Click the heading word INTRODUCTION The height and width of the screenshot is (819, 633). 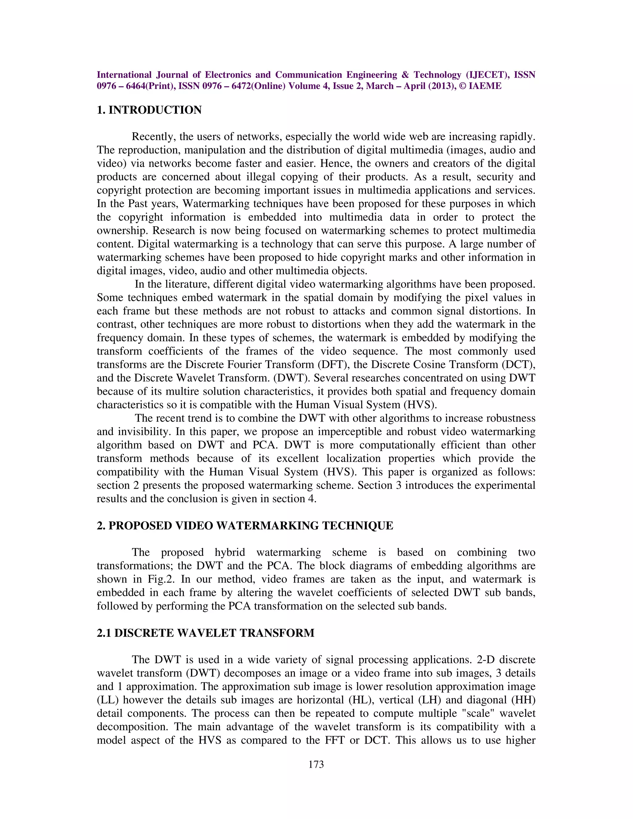(155, 110)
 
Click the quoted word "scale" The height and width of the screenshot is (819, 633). (477, 714)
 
